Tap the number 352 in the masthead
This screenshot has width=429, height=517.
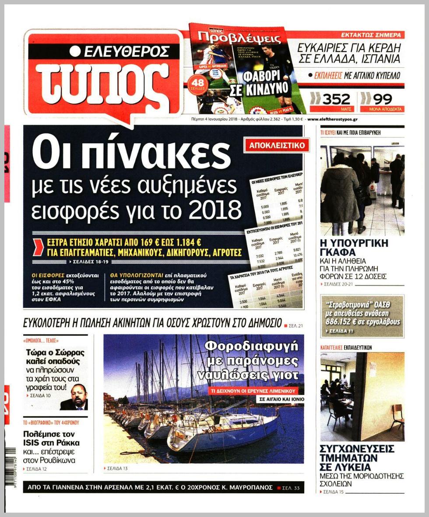coord(336,99)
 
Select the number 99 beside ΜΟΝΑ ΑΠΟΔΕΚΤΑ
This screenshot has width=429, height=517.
coord(383,99)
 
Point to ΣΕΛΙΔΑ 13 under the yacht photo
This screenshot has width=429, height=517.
coord(119,468)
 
